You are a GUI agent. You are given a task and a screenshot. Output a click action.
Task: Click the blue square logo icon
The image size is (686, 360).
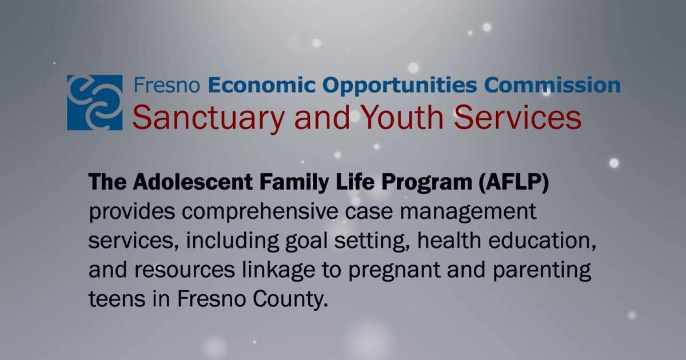point(94,102)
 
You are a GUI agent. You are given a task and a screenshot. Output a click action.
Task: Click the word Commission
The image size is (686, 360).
point(552,86)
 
